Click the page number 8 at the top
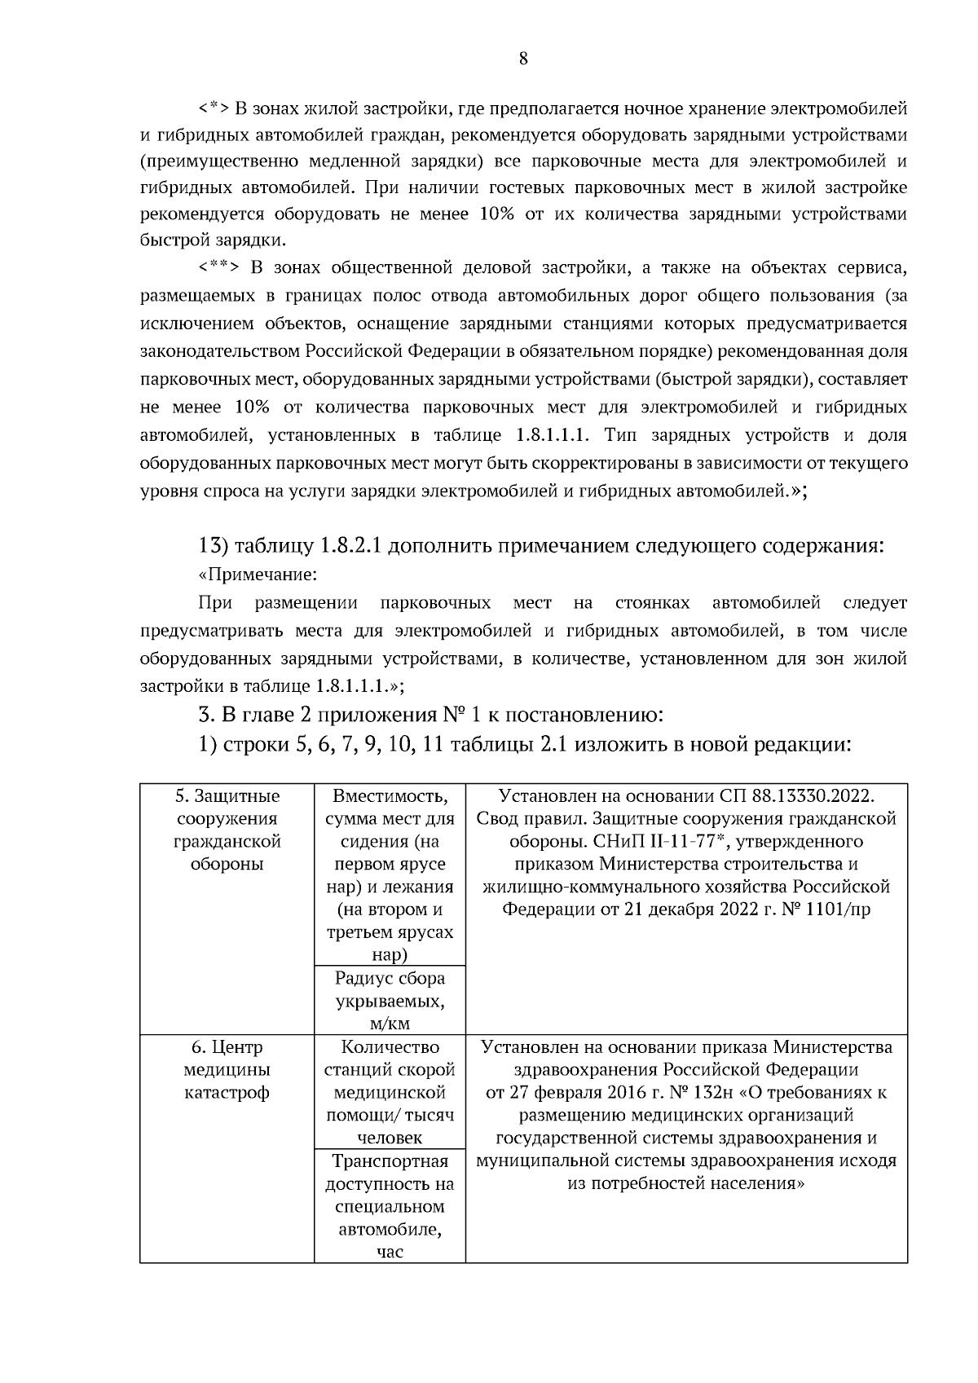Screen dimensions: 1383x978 pos(522,58)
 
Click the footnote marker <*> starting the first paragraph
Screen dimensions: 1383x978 pos(214,108)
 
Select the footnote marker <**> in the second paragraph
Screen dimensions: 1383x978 pos(218,268)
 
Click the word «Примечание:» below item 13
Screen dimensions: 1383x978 pos(258,575)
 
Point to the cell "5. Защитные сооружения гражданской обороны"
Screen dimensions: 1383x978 pos(227,830)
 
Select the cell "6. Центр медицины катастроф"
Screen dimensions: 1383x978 pos(227,1069)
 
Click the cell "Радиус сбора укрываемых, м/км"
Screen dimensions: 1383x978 pos(390,1001)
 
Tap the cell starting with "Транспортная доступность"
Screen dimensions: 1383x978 pos(390,1206)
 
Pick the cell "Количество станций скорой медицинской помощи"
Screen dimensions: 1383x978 pos(390,1092)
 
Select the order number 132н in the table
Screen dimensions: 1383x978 pos(714,1092)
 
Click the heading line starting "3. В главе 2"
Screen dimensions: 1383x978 pos(431,716)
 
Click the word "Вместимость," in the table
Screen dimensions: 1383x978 pos(390,795)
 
